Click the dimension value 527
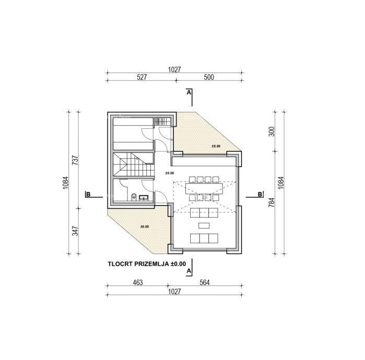142,77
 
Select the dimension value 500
209,77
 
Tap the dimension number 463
138,282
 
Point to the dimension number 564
205,282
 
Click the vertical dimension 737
75,160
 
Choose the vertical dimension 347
75,231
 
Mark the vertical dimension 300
272,131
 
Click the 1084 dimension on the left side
66,183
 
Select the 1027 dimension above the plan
174,69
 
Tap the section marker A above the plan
189,92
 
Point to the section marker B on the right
260,194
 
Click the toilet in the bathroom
134,197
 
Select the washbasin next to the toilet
144,198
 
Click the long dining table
204,188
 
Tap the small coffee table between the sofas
204,225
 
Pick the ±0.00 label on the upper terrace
216,146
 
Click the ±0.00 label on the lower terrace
145,226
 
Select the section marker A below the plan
189,271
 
